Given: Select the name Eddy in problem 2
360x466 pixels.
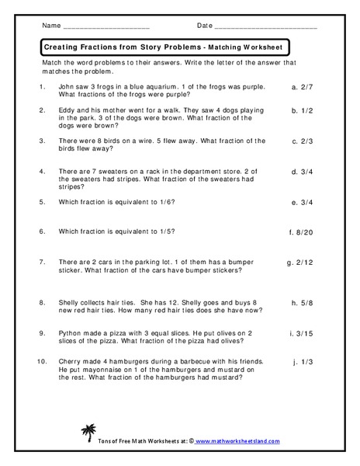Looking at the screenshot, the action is click(67, 110).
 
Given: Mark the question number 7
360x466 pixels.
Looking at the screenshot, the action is click(40, 262).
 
